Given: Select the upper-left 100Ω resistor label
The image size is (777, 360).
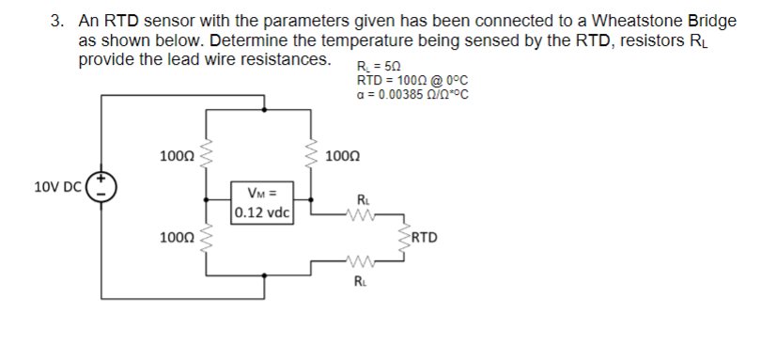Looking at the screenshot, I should coord(177,154).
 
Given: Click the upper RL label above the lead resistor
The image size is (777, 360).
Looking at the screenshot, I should coord(363,199).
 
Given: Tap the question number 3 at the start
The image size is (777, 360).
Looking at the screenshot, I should coord(56,21).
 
